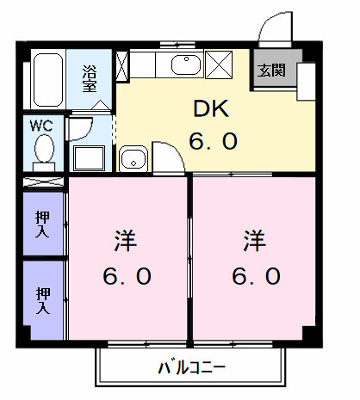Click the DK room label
[210, 109]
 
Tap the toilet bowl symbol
[44, 151]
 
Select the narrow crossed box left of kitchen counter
[121, 65]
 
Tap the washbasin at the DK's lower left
[133, 158]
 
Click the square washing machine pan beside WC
[89, 157]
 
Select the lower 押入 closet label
[42, 301]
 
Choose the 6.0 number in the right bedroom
[255, 276]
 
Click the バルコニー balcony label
[191, 368]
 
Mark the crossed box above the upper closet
[44, 182]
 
